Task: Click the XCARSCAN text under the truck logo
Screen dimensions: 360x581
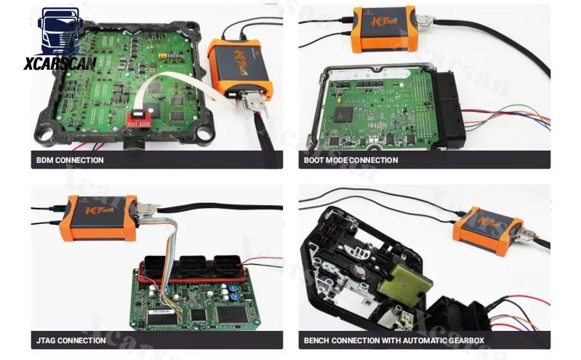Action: click(60, 63)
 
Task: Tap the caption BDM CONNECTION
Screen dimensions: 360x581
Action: click(70, 160)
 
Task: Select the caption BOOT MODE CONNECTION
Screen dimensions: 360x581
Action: click(350, 160)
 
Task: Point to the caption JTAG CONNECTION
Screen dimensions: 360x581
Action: click(71, 340)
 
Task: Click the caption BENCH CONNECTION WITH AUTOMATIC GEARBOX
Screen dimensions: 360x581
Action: click(393, 340)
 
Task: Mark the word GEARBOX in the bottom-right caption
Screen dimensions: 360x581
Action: click(462, 340)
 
